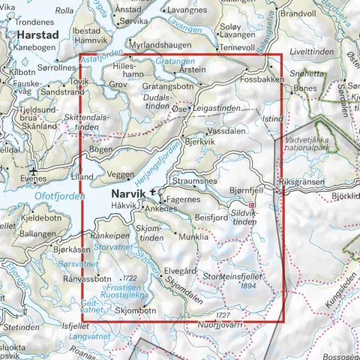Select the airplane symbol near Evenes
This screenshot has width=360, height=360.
click(32, 168)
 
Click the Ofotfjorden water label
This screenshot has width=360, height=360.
click(28, 197)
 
